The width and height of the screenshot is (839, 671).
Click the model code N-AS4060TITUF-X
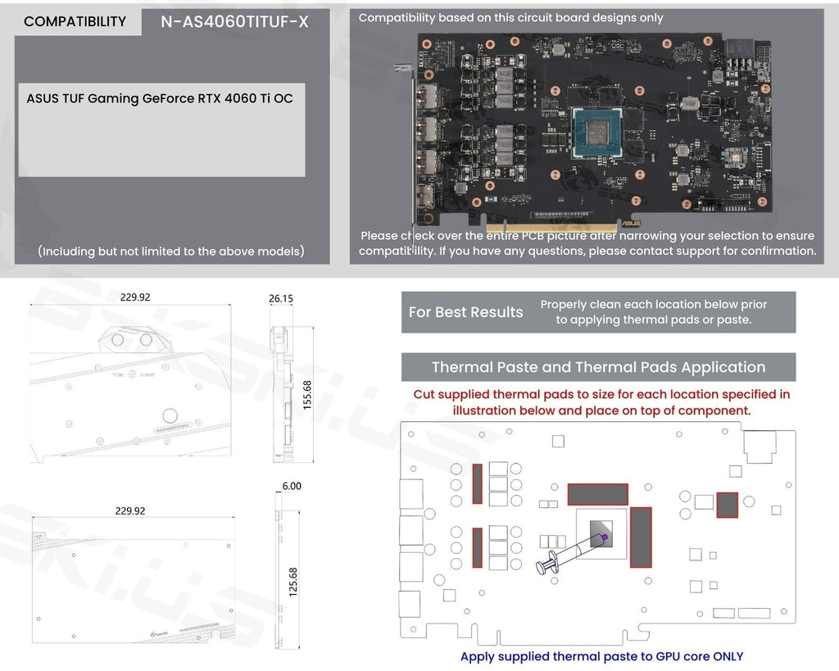pos(235,22)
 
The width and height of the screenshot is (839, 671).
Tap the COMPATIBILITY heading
pos(75,22)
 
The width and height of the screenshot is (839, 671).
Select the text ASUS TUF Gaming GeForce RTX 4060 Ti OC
pos(160,98)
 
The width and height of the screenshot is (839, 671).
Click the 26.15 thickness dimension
pos(281,298)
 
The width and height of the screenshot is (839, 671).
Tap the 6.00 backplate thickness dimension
pos(292,486)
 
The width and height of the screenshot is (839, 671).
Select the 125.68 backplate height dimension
pos(293,582)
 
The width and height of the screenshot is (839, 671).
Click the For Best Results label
pos(465,312)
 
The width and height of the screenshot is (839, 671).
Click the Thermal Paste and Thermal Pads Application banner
pos(598,367)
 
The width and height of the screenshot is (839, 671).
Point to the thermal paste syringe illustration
pos(569,553)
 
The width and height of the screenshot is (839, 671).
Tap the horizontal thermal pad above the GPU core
pos(597,494)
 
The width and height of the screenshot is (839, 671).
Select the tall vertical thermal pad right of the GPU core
pos(640,537)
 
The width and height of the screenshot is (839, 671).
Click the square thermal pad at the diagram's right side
pos(727,505)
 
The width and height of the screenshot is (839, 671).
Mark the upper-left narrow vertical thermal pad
pos(478,483)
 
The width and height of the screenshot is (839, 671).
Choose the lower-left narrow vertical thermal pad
pos(478,547)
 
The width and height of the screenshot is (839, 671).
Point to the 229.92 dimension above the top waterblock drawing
pos(135,297)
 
